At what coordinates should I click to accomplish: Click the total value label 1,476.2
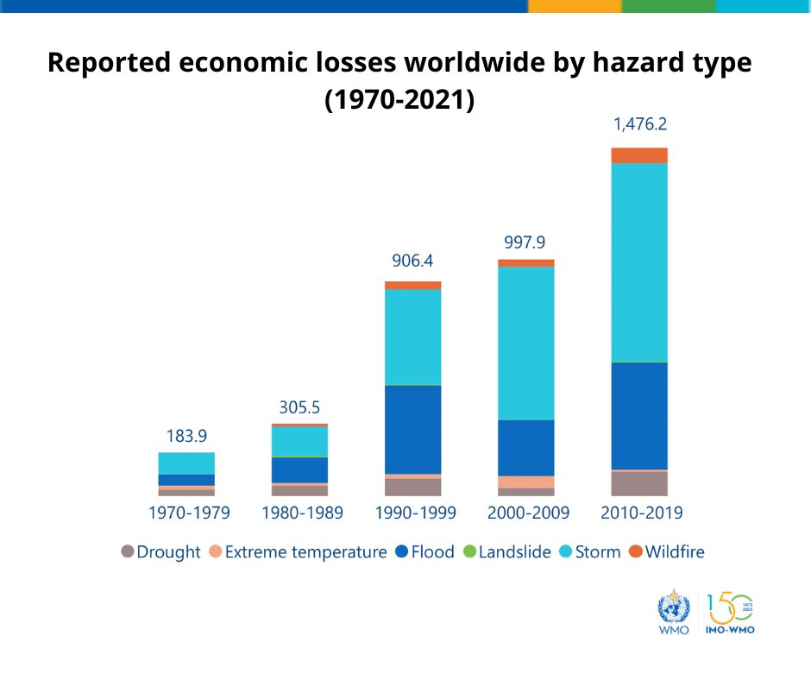click(639, 124)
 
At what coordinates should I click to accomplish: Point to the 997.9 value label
click(526, 242)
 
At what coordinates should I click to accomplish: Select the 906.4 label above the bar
click(412, 261)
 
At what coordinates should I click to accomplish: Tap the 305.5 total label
click(299, 406)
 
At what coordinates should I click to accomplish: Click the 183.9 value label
click(186, 436)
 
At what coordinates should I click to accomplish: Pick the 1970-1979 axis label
click(189, 513)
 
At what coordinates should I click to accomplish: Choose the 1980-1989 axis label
click(302, 513)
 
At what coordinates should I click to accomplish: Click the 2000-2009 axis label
click(528, 513)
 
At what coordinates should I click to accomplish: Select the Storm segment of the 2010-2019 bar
click(639, 261)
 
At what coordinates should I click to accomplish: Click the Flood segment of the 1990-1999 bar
click(412, 429)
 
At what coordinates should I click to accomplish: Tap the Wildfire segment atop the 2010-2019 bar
click(639, 155)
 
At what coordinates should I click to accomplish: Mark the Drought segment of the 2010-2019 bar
click(639, 483)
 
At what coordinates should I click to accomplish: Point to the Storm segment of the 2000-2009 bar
click(526, 343)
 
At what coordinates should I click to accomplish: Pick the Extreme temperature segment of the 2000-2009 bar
click(526, 482)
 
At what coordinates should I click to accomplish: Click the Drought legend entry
click(160, 551)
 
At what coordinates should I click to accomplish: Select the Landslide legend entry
click(506, 551)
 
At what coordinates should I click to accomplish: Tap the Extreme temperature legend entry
click(298, 551)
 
